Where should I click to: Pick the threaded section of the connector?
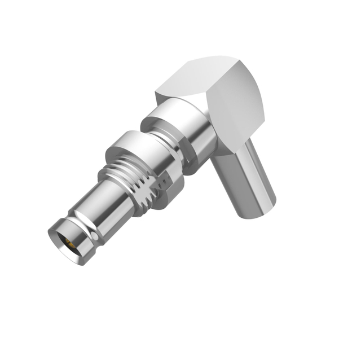(135, 181)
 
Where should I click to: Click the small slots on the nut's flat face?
(167, 181)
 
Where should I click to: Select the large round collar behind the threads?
(138, 150)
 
